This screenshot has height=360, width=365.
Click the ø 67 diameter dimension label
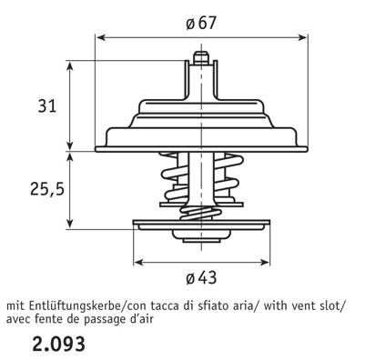(x=201, y=23)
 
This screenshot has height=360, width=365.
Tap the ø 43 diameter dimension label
(x=201, y=277)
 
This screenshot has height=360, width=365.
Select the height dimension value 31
(x=47, y=106)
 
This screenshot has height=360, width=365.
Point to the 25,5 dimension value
(x=47, y=190)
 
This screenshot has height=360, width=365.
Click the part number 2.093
(x=58, y=345)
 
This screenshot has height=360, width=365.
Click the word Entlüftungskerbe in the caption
(x=76, y=306)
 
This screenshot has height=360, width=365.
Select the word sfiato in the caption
(x=212, y=305)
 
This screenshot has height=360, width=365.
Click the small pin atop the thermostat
(x=201, y=57)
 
